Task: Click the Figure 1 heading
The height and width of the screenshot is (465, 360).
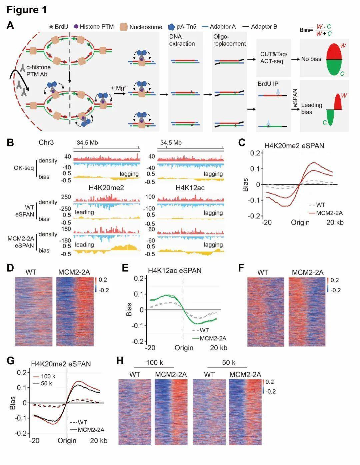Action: pos(27,10)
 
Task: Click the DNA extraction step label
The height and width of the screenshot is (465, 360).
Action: pos(182,40)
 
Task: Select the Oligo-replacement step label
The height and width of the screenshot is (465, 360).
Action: pos(229,40)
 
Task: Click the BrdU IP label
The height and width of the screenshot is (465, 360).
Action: pos(268,84)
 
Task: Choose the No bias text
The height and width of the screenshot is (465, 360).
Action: pos(311,59)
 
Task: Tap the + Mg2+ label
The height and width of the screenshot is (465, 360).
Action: pos(119,88)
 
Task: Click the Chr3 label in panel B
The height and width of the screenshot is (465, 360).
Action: pos(46,142)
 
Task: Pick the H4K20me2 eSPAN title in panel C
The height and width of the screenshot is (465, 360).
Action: pos(294,145)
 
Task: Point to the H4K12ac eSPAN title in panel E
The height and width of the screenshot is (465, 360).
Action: pos(175,271)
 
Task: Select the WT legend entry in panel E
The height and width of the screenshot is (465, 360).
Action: pos(204,330)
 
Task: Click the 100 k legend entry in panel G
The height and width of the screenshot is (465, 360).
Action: pos(48,376)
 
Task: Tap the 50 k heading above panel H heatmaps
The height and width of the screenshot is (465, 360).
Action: pos(229,363)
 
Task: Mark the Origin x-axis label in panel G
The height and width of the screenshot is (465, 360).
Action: pos(67,441)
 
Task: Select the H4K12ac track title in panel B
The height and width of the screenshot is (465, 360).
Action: pos(190,188)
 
